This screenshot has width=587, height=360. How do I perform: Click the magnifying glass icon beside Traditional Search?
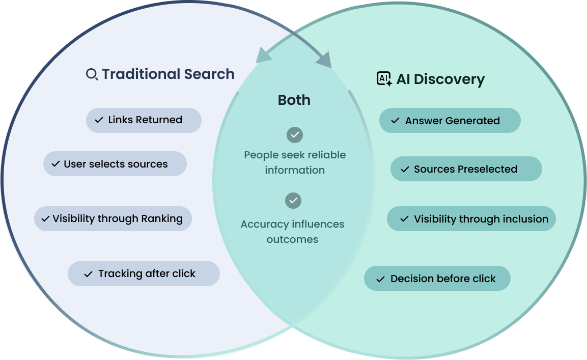pyautogui.click(x=92, y=75)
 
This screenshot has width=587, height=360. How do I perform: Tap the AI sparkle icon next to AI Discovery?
pyautogui.click(x=384, y=79)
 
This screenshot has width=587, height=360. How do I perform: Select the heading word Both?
pyautogui.click(x=294, y=100)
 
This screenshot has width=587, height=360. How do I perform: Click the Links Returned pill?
pyautogui.click(x=144, y=120)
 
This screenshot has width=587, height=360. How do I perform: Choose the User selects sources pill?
pyautogui.click(x=115, y=164)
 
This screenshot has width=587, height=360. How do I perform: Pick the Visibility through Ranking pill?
pyautogui.click(x=113, y=218)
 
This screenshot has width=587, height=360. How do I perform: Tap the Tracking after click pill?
pyautogui.click(x=144, y=274)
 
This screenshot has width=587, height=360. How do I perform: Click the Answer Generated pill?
pyautogui.click(x=450, y=121)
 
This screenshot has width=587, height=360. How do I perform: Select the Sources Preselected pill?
pyautogui.click(x=466, y=169)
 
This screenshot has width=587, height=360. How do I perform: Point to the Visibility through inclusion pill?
pyautogui.click(x=471, y=219)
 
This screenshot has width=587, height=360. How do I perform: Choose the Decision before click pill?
pyautogui.click(x=437, y=279)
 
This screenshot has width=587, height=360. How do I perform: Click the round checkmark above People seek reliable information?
pyautogui.click(x=295, y=135)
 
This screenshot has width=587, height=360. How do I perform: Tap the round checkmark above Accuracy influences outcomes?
pyautogui.click(x=293, y=201)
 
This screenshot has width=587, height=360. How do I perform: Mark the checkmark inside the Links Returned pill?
pyautogui.click(x=99, y=120)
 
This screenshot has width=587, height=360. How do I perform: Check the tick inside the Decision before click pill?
pyautogui.click(x=380, y=279)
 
